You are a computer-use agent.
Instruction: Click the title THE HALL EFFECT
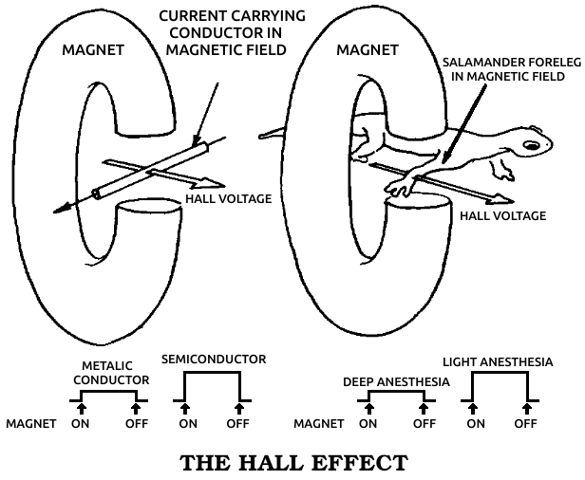tap(293, 463)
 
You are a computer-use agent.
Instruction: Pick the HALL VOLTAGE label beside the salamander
tap(502, 215)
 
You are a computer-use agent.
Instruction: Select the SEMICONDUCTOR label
tap(214, 360)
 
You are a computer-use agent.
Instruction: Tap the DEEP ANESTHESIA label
tap(396, 382)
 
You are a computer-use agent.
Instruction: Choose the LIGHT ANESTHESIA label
tap(499, 361)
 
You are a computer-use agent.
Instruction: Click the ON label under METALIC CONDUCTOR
tap(81, 423)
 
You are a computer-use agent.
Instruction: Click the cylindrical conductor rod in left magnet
tap(147, 171)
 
